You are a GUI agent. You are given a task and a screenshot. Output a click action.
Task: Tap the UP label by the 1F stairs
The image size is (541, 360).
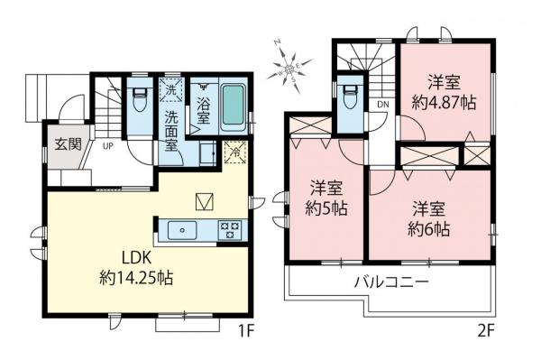[x=107, y=146]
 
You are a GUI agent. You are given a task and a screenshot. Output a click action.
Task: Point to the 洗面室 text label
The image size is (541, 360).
[x=170, y=133]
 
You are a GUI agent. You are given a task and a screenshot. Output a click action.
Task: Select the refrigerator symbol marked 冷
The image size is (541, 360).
[x=235, y=152]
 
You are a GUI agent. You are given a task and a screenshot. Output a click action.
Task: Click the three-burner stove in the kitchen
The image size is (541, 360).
[x=229, y=228]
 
